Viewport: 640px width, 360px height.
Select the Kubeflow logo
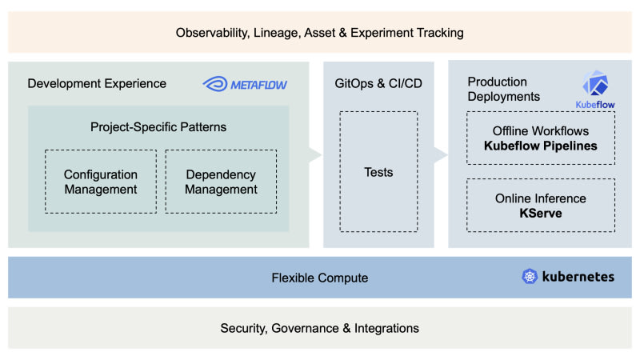coord(593,86)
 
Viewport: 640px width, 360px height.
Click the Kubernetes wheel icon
coord(530,277)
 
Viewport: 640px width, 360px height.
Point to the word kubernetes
coord(578,277)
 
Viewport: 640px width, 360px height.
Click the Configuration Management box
coord(101,182)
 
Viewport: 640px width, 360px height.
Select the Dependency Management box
coord(221,182)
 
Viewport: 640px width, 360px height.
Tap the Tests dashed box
coord(378,172)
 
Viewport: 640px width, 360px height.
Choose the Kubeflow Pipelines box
coord(541,138)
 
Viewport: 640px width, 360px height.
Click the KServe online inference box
coord(541,206)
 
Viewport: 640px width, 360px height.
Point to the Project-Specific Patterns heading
coord(158,126)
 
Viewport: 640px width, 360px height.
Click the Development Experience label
coord(97,83)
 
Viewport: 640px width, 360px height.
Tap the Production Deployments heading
coord(504,89)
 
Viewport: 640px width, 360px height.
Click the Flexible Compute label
coord(320,278)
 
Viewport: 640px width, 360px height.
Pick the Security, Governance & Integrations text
coord(320,328)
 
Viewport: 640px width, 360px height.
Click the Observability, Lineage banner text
coord(320,33)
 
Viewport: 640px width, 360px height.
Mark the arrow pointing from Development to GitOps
coord(314,154)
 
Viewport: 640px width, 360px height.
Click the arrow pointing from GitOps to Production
coord(440,154)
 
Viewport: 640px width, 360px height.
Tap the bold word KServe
coord(541,214)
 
